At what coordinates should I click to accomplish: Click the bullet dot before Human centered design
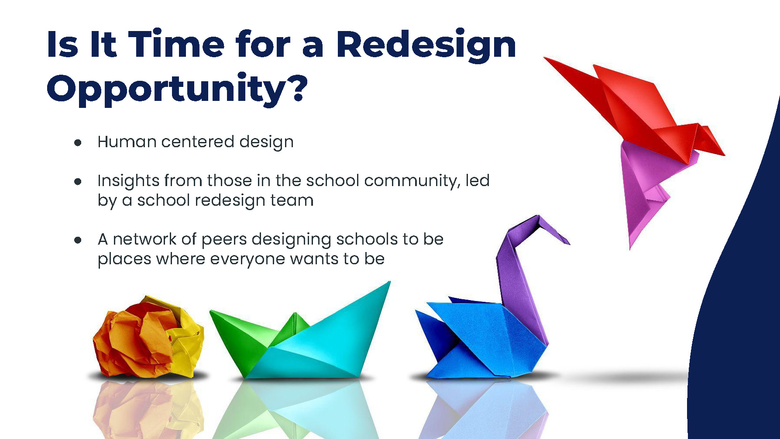[x=78, y=143]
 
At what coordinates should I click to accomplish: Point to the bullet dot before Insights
[x=78, y=182]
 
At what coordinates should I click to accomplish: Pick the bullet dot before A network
[x=78, y=240]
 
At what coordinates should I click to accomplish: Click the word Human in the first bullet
[x=127, y=142]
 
